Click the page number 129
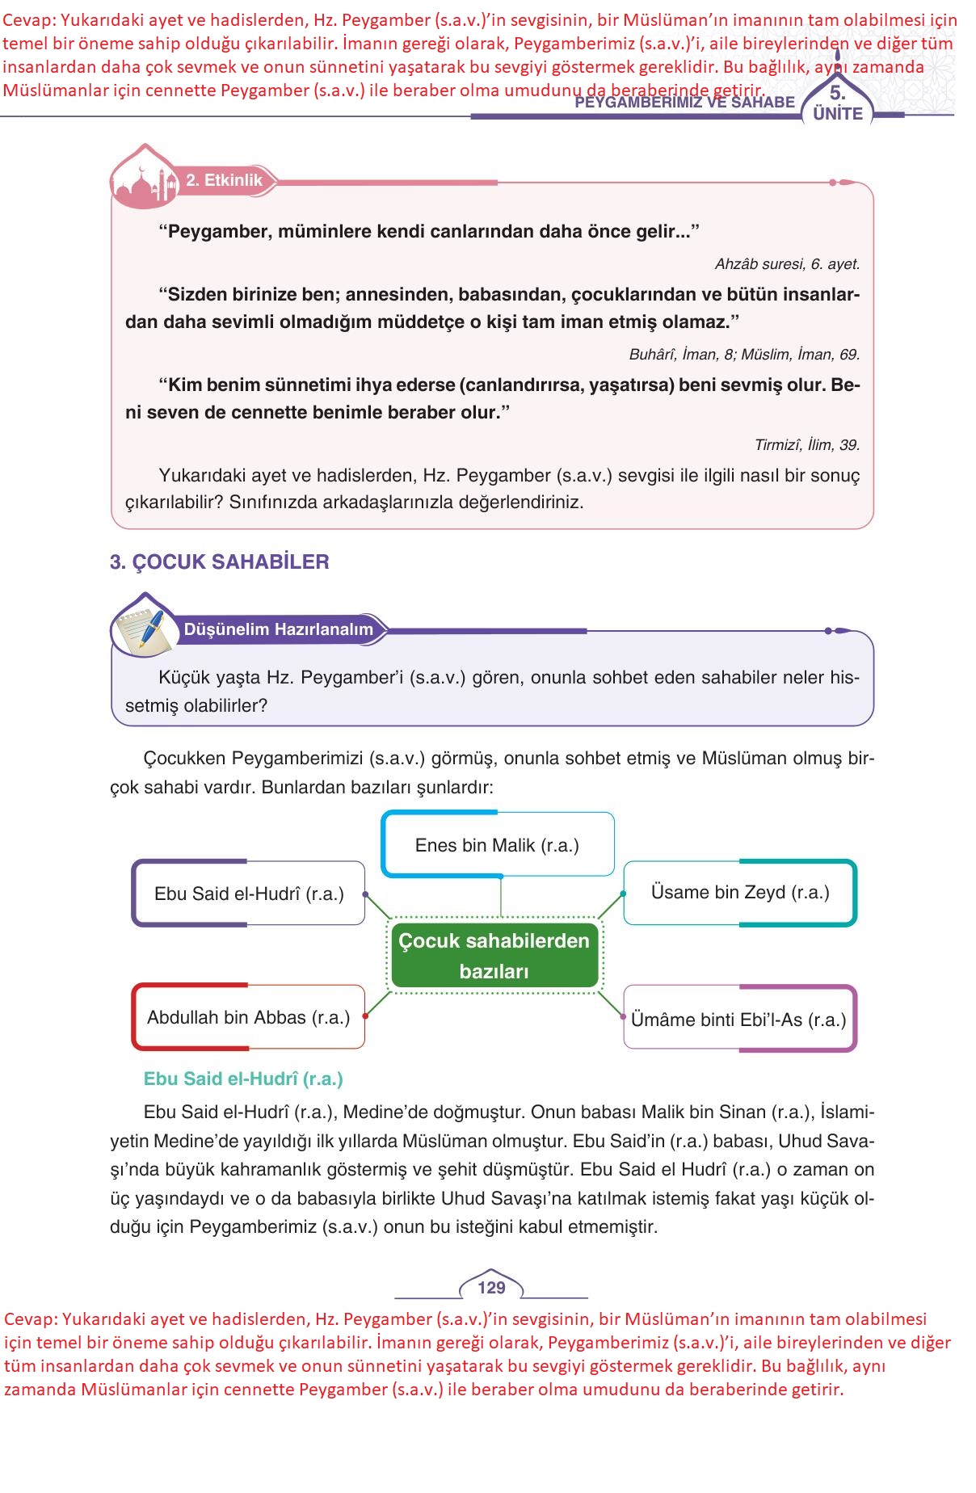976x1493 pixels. pyautogui.click(x=491, y=1288)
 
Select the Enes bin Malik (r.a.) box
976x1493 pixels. pyautogui.click(x=497, y=845)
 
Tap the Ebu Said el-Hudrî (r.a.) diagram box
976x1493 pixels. pyautogui.click(x=249, y=894)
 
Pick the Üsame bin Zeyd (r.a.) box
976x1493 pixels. pyautogui.click(x=740, y=893)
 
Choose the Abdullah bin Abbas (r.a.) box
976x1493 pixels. pyautogui.click(x=248, y=1017)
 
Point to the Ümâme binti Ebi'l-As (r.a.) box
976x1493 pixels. pyautogui.click(x=739, y=1019)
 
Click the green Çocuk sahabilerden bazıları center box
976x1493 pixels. pyautogui.click(x=494, y=956)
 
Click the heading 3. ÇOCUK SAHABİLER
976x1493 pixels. pyautogui.click(x=220, y=562)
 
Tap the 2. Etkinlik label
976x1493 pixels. pyautogui.click(x=224, y=180)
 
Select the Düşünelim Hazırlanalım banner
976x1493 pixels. pyautogui.click(x=279, y=629)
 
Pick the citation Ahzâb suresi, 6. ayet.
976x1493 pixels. pyautogui.click(x=787, y=264)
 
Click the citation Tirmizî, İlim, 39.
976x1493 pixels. pyautogui.click(x=806, y=445)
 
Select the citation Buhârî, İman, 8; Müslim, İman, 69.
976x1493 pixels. pyautogui.click(x=744, y=355)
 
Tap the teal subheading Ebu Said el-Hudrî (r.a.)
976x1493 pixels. pyautogui.click(x=243, y=1079)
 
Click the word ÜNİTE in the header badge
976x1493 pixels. pyautogui.click(x=838, y=114)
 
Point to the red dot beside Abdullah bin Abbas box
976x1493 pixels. pyautogui.click(x=365, y=1016)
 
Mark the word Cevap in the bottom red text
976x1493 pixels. pyautogui.click(x=28, y=1319)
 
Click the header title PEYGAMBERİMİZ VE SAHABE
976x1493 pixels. pyautogui.click(x=685, y=103)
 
